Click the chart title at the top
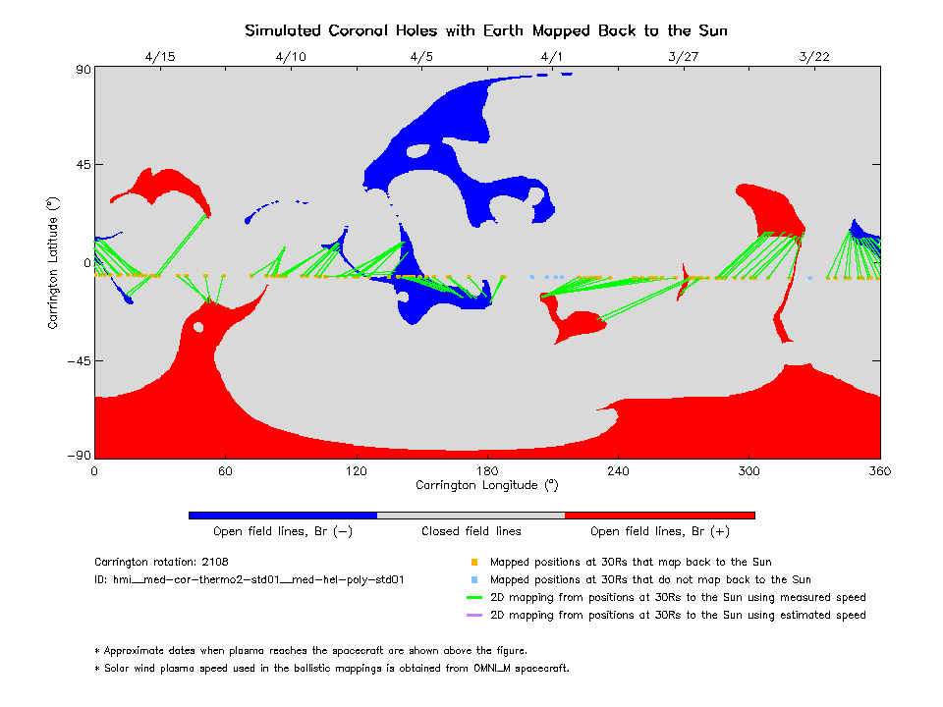486,30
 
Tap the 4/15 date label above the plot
159,56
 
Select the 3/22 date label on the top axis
814,56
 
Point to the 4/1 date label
552,56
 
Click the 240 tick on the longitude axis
618,470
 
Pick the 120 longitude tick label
356,470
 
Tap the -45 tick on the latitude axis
76,360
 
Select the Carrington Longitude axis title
486,484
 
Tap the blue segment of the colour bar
282,515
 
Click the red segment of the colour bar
659,515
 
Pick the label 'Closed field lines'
471,531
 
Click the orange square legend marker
474,563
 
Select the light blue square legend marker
474,580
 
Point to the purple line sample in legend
474,616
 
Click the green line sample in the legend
474,598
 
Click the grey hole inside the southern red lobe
198,327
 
